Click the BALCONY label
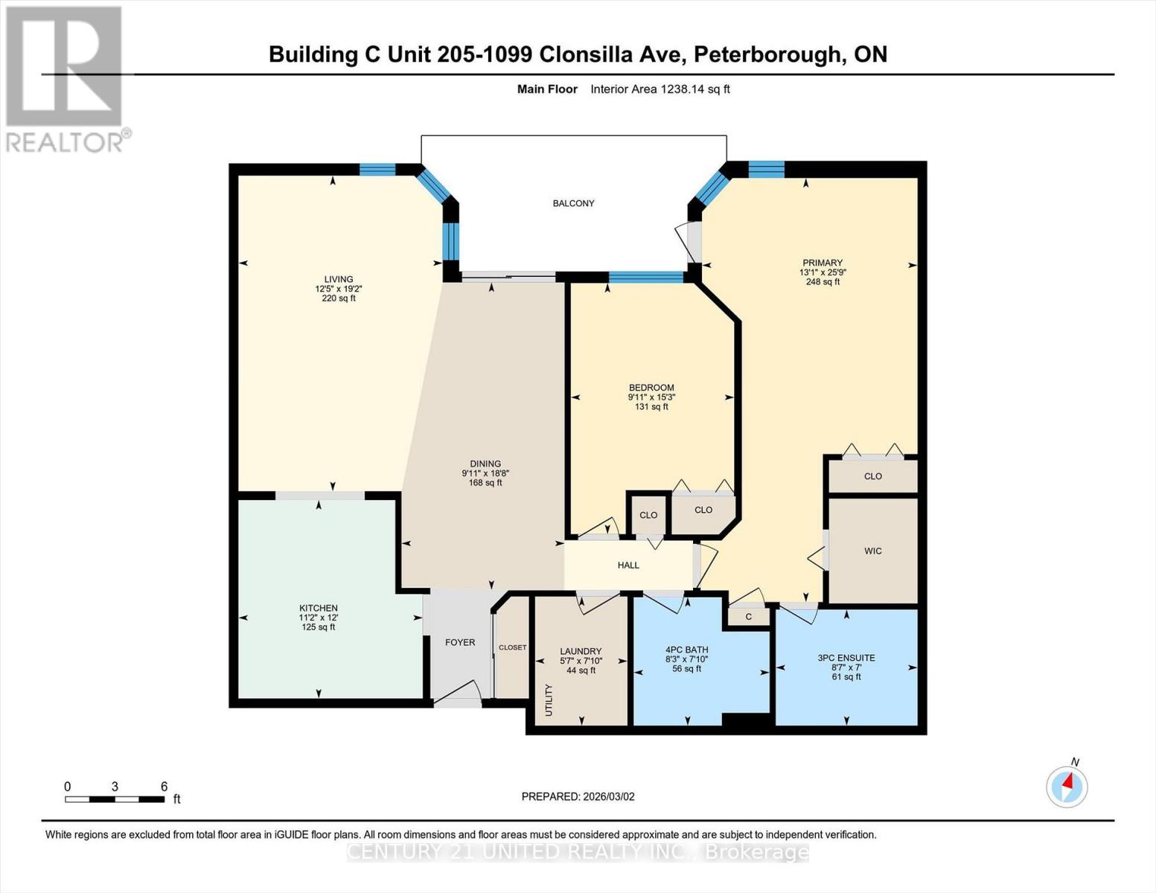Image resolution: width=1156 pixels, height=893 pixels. pos(573,203)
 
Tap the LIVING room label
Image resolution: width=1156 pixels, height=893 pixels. pos(338,279)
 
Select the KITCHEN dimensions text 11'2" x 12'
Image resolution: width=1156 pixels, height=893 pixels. pos(319,618)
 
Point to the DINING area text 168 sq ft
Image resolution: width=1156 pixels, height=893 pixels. pos(485,483)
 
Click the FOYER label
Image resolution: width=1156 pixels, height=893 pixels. pos(459,642)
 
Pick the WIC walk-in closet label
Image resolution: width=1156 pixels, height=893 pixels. pos(872,551)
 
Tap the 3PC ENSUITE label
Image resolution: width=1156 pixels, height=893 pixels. pos(846,658)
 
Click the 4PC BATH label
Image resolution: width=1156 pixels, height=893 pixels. pos(686,650)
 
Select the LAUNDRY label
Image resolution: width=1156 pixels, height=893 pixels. pos(581,651)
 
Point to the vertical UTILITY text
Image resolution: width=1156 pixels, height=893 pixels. pos(549,700)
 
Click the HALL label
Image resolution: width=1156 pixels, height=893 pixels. pos(628,566)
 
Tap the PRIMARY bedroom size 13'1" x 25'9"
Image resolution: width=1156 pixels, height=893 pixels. pos(823,272)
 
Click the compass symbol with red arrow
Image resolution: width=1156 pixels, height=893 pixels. pos(1067,786)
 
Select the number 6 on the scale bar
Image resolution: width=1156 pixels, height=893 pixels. pos(164,787)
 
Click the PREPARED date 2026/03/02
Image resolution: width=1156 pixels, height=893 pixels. pos(578,796)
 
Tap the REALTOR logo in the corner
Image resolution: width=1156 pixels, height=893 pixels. pos(66,78)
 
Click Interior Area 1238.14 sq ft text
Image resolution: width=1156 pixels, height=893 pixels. pos(660,89)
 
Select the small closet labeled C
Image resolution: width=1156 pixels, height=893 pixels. pos(748,617)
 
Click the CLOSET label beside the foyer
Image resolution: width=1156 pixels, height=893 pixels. pos(512,647)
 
